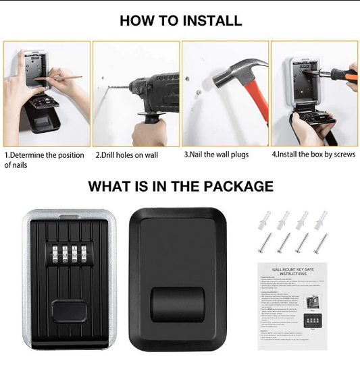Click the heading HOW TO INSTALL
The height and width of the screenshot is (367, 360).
click(180, 20)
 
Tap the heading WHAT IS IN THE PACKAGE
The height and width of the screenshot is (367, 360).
click(180, 186)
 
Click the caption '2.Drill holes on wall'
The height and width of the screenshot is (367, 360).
click(126, 154)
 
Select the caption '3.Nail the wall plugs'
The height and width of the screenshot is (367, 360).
click(216, 154)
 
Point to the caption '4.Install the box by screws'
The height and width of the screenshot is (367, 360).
click(313, 154)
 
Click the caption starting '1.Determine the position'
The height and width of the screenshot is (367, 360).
click(45, 159)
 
